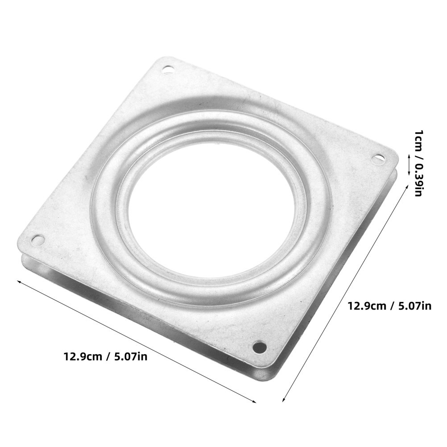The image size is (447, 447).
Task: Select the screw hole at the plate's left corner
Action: click(x=37, y=239)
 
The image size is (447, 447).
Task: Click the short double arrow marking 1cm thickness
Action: click(x=409, y=165)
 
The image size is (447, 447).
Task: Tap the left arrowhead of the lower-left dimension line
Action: click(x=19, y=281)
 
